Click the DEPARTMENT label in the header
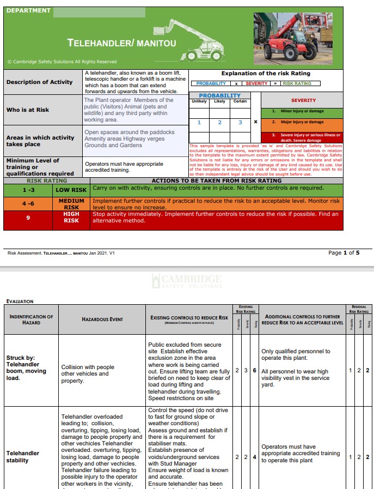[28, 10]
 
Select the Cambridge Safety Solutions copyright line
[62, 62]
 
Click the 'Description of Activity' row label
[39, 82]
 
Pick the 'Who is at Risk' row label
[28, 110]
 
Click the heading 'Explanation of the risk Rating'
[265, 73]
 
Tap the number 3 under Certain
[240, 123]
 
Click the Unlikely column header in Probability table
[199, 101]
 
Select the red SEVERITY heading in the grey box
[303, 100]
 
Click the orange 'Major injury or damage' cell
[303, 122]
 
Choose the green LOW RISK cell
[71, 190]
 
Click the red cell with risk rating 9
[28, 218]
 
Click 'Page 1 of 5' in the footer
[344, 253]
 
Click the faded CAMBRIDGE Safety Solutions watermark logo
[187, 281]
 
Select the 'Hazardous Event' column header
[102, 319]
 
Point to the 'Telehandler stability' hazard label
[23, 456]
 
